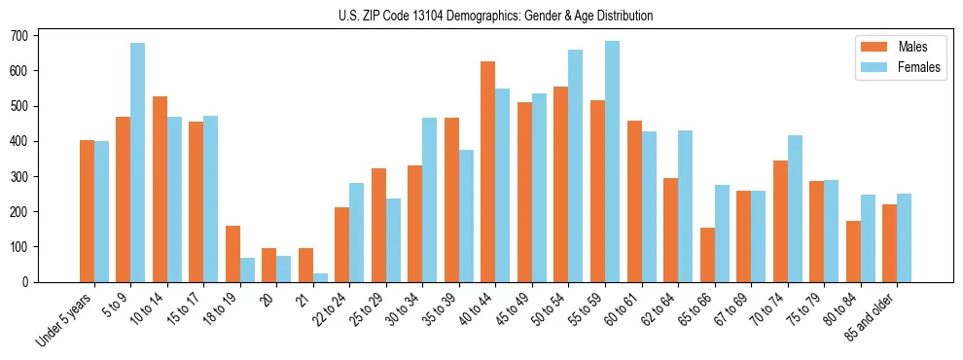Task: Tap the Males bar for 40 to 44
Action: coord(488,171)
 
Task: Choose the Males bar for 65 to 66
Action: coord(707,255)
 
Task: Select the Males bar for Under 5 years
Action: coord(87,211)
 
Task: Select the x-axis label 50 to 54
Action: coord(538,309)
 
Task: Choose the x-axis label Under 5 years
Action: coord(66,318)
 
